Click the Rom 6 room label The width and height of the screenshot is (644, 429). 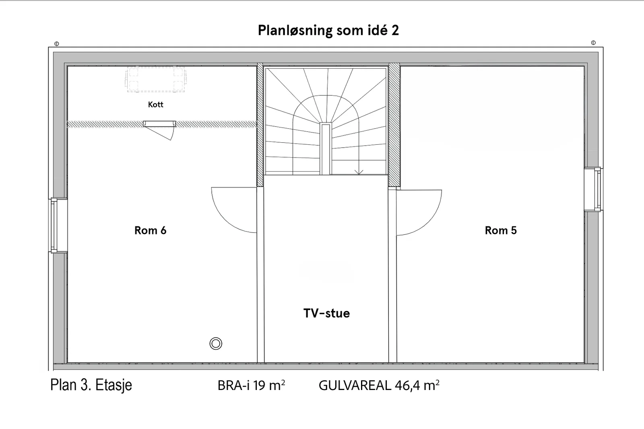[x=151, y=230]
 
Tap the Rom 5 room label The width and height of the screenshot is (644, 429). [x=501, y=230]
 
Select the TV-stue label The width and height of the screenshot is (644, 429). [x=326, y=313]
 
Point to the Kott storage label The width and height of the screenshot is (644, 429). [x=155, y=105]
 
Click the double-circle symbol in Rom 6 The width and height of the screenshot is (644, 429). [x=216, y=343]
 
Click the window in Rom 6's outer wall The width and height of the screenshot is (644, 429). [x=58, y=226]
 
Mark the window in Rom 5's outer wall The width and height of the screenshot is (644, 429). [x=593, y=189]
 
